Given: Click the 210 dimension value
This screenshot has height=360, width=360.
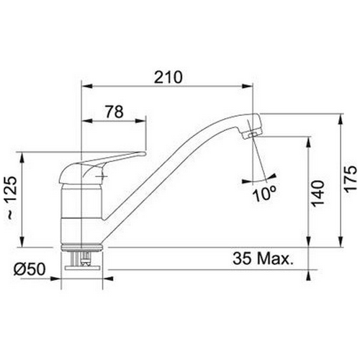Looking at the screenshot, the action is pyautogui.click(x=168, y=77).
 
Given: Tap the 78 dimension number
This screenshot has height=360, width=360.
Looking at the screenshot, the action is pyautogui.click(x=114, y=112).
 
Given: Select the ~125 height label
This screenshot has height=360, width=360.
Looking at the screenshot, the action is pyautogui.click(x=12, y=198).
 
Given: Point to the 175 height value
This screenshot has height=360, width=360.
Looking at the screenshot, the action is pyautogui.click(x=351, y=179).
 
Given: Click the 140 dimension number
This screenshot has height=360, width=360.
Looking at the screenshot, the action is pyautogui.click(x=318, y=194).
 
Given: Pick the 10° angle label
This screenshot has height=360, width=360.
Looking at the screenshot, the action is pyautogui.click(x=264, y=194).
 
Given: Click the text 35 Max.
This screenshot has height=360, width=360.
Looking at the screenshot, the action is pyautogui.click(x=264, y=258).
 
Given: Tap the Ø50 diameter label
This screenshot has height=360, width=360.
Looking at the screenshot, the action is pyautogui.click(x=30, y=269).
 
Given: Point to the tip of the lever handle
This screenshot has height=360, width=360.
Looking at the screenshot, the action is pyautogui.click(x=144, y=153).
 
